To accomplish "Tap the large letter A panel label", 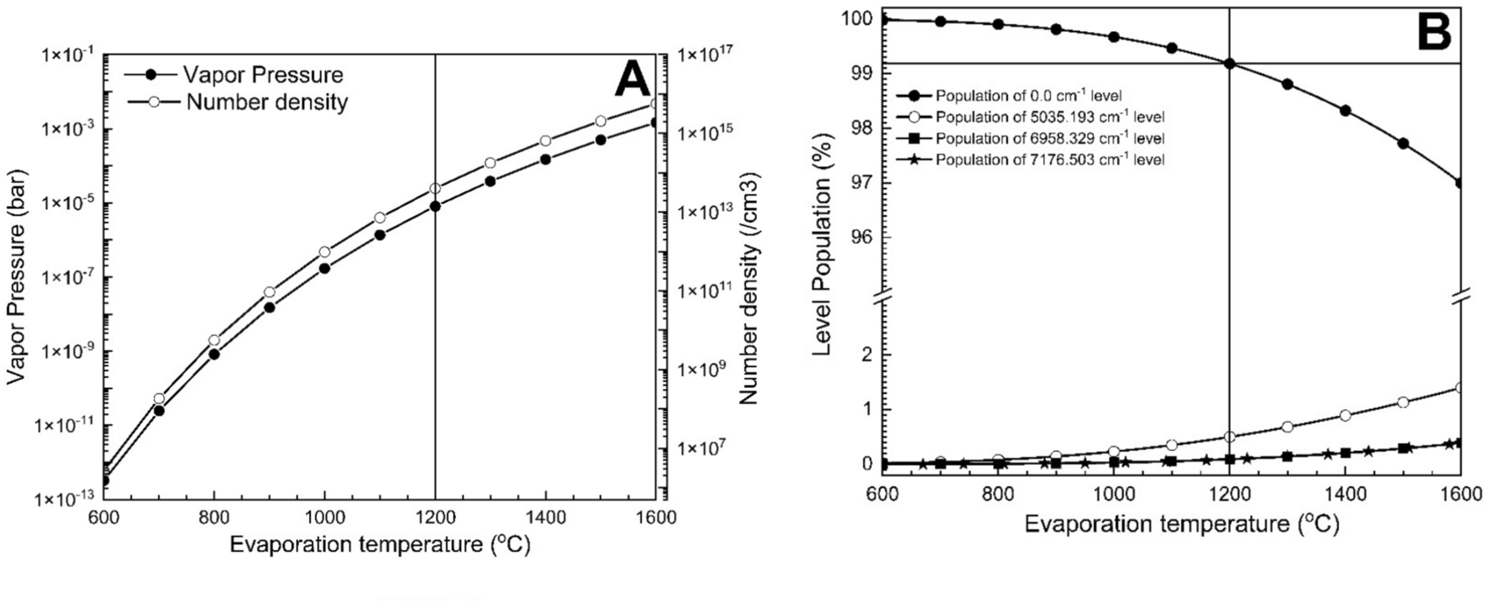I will tap(632, 81).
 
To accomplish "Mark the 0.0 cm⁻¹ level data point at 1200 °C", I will tap(1230, 63).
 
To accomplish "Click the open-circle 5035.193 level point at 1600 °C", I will tap(1461, 388).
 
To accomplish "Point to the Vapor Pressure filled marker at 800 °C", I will tap(214, 354).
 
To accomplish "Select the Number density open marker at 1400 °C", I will tap(545, 140).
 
